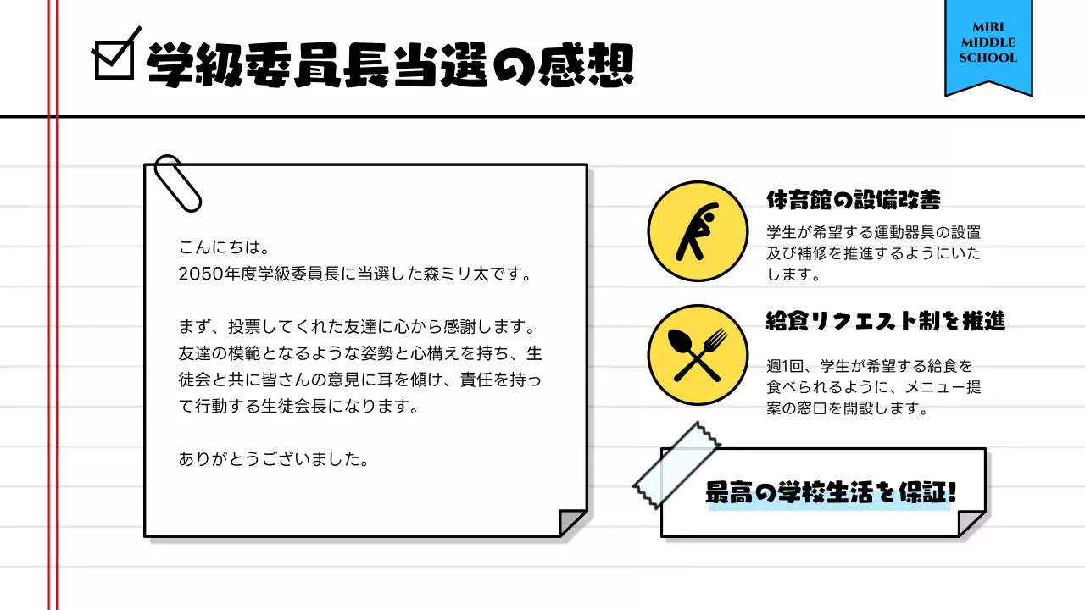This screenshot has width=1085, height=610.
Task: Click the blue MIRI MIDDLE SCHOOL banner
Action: click(x=988, y=47)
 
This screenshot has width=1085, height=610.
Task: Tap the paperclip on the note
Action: click(x=178, y=183)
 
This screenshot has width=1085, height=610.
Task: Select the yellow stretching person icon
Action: click(x=698, y=231)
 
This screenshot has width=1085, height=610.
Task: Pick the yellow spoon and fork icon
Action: click(x=698, y=355)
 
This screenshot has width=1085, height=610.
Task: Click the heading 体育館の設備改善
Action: click(x=853, y=200)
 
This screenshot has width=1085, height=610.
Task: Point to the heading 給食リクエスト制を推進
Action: click(x=886, y=321)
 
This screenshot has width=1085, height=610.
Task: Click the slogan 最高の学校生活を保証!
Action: click(x=832, y=494)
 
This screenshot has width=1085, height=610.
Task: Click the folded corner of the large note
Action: click(x=572, y=522)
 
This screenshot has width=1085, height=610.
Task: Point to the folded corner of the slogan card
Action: click(x=971, y=523)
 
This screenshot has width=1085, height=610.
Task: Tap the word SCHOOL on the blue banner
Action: click(x=988, y=58)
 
